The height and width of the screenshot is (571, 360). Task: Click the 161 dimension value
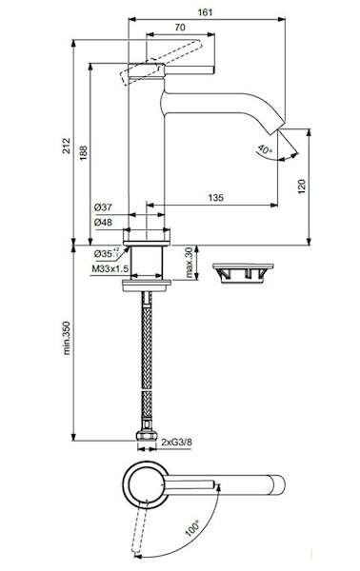click(205, 12)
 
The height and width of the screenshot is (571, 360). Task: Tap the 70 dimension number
click(180, 28)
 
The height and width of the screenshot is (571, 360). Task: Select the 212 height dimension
click(67, 146)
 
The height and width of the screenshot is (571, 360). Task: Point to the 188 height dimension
click(83, 153)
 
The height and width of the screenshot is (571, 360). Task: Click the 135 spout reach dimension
click(215, 198)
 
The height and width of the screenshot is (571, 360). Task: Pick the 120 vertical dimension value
click(302, 187)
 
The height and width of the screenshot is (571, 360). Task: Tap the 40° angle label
click(265, 150)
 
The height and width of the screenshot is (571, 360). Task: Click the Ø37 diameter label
click(103, 207)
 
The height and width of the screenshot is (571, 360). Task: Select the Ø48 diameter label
click(103, 222)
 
